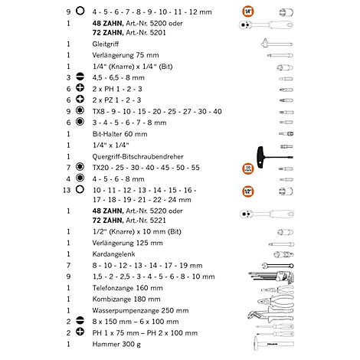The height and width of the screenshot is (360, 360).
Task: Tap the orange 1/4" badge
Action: tap(247, 12)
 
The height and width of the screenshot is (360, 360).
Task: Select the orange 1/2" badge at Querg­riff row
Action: tap(247, 167)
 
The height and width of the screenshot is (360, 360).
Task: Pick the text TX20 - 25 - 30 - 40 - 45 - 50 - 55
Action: tap(146, 167)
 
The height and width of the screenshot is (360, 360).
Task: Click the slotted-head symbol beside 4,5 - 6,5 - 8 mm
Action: tap(80, 77)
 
